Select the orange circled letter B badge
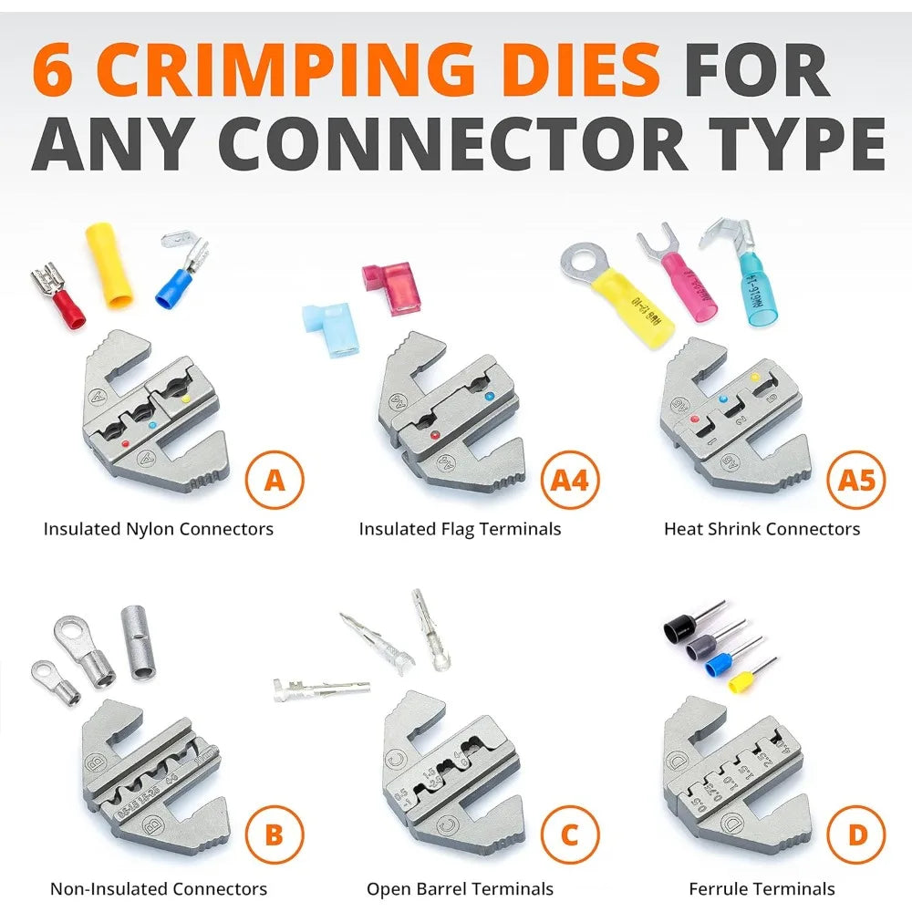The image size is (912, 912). [x=275, y=834]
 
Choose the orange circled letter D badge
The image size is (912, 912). [x=855, y=834]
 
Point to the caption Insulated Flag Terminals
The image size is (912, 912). [x=460, y=529]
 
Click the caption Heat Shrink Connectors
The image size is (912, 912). [x=762, y=529]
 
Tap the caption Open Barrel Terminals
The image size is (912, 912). [x=460, y=888]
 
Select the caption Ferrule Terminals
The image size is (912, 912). [x=762, y=888]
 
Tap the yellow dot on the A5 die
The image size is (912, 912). [x=753, y=377]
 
